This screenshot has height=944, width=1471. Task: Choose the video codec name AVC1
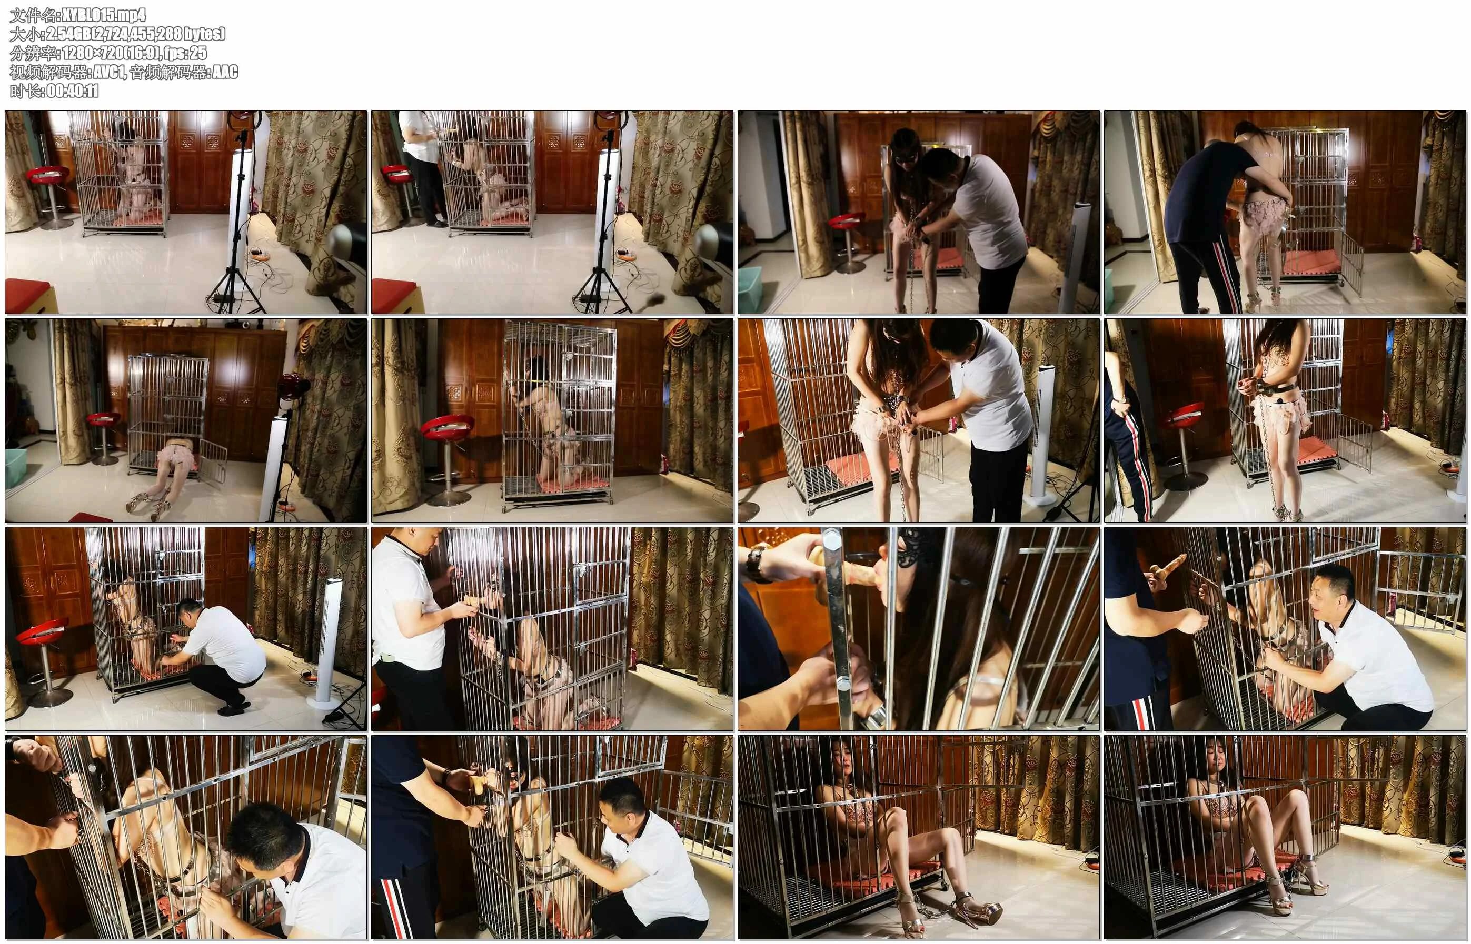coord(108,72)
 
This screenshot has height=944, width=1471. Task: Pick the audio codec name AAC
coord(224,72)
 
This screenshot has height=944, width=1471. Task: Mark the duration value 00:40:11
coord(72,91)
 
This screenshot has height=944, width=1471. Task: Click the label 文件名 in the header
coord(27,15)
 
